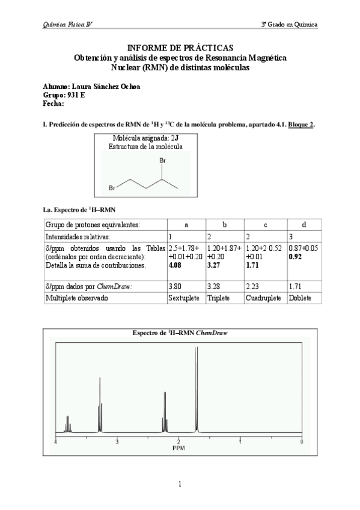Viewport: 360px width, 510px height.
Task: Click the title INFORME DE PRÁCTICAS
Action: (180, 48)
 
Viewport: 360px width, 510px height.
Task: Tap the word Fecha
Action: (53, 103)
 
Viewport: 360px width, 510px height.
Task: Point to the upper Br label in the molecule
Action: (162, 161)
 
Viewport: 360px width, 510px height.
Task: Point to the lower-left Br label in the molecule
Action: (112, 188)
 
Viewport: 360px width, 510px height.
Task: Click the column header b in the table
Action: (224, 224)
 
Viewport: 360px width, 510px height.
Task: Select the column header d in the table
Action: (304, 224)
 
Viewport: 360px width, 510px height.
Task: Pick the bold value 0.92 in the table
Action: (296, 256)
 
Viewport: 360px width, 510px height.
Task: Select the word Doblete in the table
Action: (300, 298)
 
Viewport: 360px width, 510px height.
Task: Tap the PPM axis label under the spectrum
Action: (178, 448)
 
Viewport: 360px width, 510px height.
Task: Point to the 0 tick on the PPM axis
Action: (302, 442)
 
